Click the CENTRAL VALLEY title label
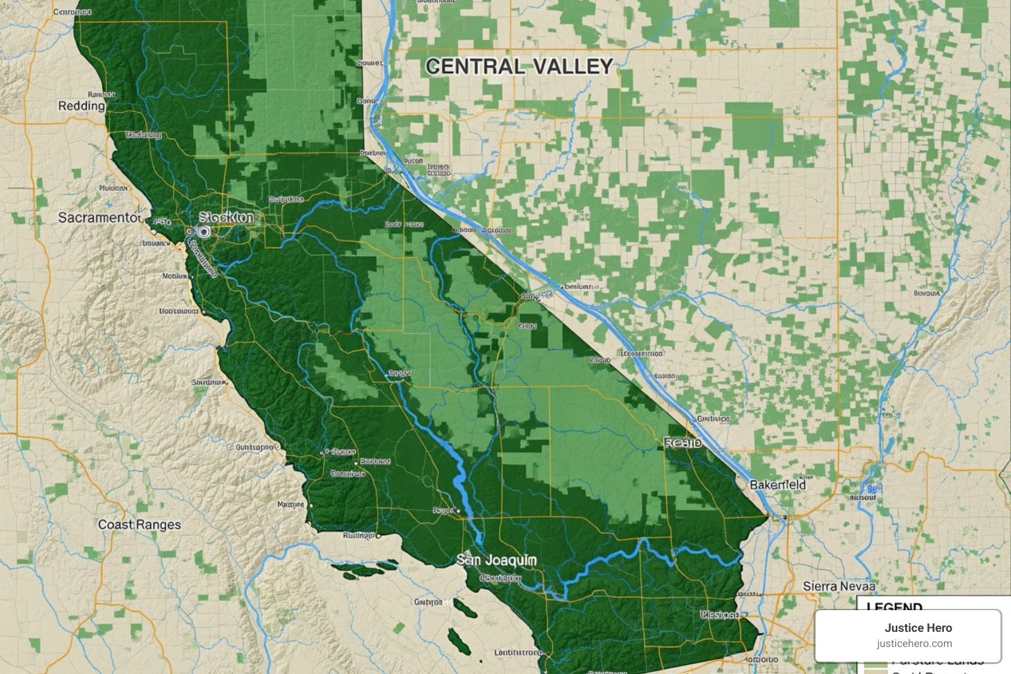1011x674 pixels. coord(519,66)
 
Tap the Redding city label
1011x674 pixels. coord(82,106)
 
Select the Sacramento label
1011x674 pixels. coord(99,218)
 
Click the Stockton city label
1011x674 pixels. coord(226,217)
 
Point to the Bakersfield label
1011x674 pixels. coord(777,485)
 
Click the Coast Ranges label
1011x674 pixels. coord(139,525)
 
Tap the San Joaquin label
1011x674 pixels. coord(497,560)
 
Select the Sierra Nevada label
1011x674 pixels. coord(839,586)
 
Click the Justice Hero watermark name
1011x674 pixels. coord(918,628)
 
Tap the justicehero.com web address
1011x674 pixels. coord(914,644)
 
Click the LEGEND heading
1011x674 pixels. coord(894,606)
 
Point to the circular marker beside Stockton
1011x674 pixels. coord(203,232)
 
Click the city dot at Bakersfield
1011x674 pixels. coord(783,518)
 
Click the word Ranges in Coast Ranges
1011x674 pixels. coord(159,525)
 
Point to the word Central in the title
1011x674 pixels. coord(475,66)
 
